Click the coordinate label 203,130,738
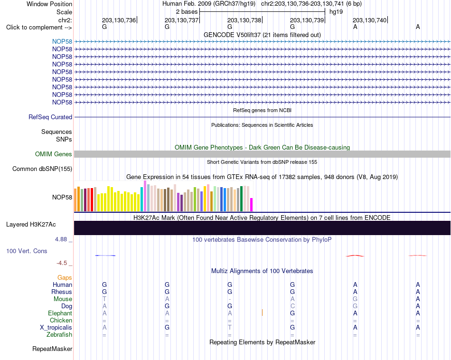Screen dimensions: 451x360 244,20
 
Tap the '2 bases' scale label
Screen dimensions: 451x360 187,12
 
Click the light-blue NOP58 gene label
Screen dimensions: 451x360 62,41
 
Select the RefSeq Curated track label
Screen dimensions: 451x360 50,117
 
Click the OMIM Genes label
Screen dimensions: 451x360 54,154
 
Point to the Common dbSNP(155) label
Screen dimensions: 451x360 42,169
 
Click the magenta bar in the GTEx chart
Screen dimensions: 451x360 252,205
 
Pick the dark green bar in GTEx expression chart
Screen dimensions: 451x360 242,199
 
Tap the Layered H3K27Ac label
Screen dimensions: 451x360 31,225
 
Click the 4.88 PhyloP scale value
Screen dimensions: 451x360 61,239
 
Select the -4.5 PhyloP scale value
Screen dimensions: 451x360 62,263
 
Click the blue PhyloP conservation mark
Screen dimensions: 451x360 105,255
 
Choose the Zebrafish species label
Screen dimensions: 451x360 59,334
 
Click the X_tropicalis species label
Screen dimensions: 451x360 56,328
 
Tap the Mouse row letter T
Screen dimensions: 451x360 104,299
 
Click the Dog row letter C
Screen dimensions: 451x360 292,306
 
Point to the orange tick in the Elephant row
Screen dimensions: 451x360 262,313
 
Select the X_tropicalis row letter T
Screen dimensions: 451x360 230,328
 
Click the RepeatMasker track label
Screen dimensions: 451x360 52,349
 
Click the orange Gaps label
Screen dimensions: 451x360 65,278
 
